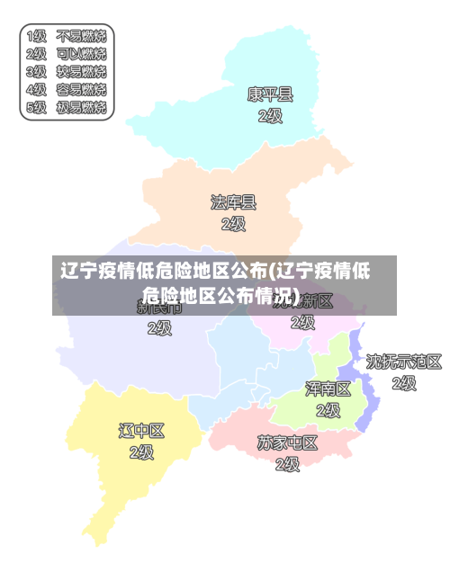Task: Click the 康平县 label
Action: (x=270, y=94)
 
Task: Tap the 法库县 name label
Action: (x=233, y=202)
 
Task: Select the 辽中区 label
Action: (x=142, y=431)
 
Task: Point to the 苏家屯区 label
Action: (x=287, y=443)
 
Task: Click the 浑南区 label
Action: (x=328, y=389)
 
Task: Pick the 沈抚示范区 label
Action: (x=404, y=362)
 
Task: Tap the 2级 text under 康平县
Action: (x=270, y=116)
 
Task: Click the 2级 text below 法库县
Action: (x=233, y=224)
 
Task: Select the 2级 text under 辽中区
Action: (x=142, y=452)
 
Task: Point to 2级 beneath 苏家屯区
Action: (x=287, y=465)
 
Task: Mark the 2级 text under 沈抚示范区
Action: (x=404, y=384)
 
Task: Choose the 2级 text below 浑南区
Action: (x=328, y=411)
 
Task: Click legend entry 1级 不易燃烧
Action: (x=67, y=37)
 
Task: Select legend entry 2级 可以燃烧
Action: (x=67, y=54)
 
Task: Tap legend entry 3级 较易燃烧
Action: (x=67, y=72)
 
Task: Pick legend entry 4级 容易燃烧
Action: (x=67, y=90)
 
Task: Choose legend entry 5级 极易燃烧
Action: (x=67, y=108)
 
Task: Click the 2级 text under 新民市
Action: (x=159, y=328)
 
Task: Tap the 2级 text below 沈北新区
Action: (x=303, y=322)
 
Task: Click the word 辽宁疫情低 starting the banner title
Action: (x=115, y=271)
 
